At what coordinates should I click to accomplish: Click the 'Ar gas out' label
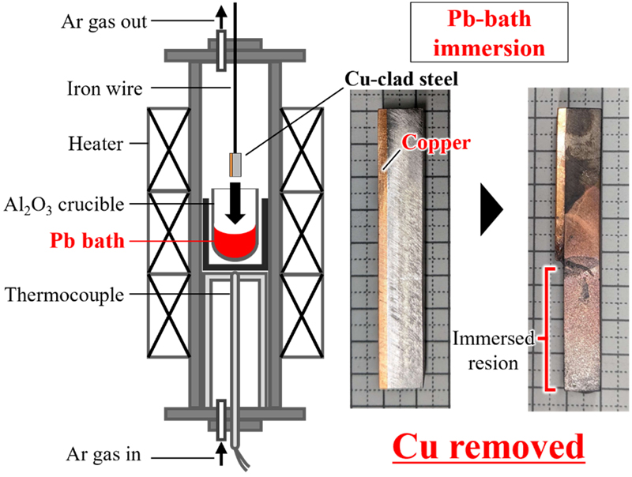click(x=104, y=23)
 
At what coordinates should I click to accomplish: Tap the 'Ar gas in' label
click(x=103, y=454)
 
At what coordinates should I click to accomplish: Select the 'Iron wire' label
click(x=105, y=88)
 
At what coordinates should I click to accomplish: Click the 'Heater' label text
click(x=96, y=144)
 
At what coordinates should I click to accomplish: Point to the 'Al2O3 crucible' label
click(x=64, y=205)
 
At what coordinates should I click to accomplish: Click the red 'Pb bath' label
click(x=87, y=241)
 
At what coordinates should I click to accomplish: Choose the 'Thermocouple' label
click(x=65, y=295)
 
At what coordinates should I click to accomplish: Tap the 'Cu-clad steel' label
click(x=401, y=79)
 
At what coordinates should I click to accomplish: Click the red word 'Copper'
click(x=436, y=143)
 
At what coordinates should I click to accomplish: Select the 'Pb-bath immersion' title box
click(x=489, y=32)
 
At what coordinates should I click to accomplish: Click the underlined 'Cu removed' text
click(x=488, y=447)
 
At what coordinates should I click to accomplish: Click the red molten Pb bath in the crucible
click(x=235, y=244)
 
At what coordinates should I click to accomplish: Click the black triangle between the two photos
click(x=491, y=209)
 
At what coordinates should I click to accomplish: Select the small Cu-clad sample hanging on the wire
click(x=235, y=164)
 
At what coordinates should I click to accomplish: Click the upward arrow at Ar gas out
click(x=220, y=18)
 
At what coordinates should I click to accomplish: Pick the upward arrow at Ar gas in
click(x=220, y=454)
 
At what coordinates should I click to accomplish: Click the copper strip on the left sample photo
click(x=383, y=249)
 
